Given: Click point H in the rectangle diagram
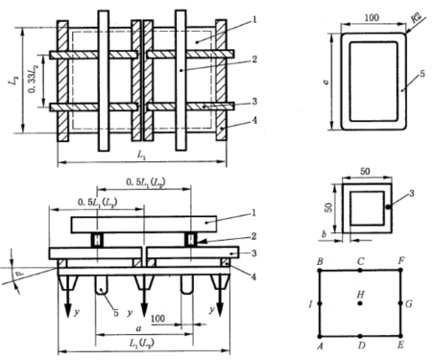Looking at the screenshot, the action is (360, 303).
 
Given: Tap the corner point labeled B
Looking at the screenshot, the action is (320, 271).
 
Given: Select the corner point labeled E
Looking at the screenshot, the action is (400, 336).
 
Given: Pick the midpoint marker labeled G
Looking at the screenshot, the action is (400, 302).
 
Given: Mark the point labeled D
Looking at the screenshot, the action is (360, 336).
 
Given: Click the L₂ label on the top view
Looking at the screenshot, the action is (13, 80).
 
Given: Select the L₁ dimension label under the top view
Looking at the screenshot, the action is (141, 155).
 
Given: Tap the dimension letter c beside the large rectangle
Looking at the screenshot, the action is (325, 82).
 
